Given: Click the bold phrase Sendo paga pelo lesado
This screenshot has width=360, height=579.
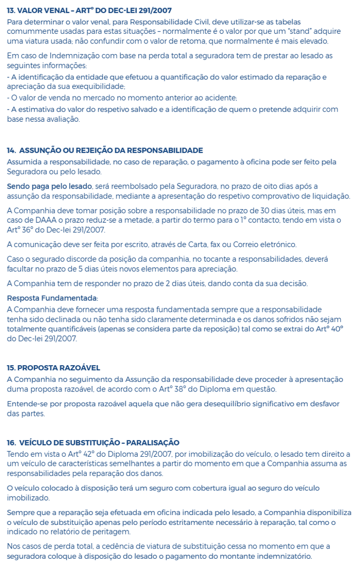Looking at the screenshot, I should [49, 186].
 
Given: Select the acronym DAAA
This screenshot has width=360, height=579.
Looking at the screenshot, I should [51, 220].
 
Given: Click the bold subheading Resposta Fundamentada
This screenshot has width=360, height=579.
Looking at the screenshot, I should [52, 298].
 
